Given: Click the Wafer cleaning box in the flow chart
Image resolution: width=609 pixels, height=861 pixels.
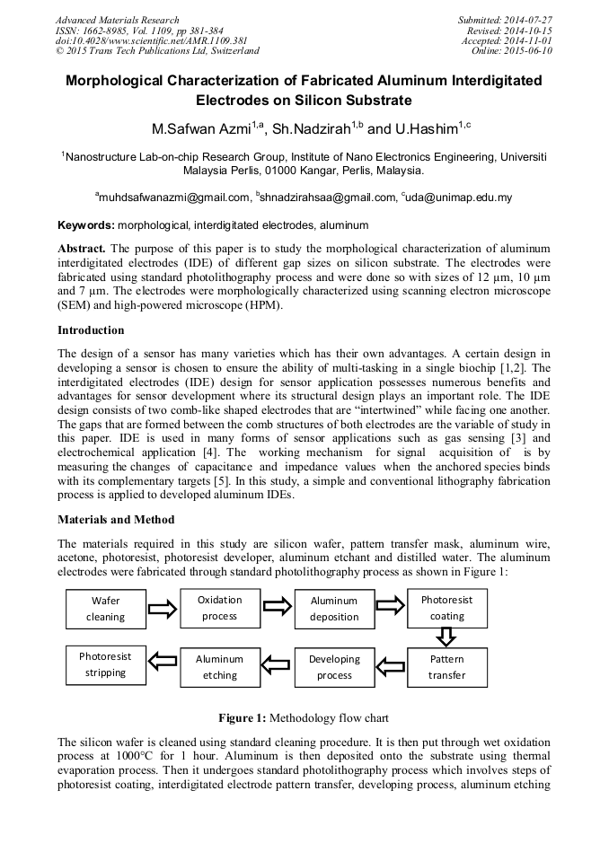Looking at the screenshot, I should click(x=106, y=609).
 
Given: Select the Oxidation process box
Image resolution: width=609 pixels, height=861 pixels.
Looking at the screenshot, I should click(x=219, y=608).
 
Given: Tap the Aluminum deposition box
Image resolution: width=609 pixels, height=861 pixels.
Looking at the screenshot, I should click(x=334, y=609).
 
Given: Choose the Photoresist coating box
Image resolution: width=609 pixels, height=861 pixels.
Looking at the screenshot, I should click(x=446, y=608).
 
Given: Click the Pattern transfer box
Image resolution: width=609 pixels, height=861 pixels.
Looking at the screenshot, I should click(x=446, y=666).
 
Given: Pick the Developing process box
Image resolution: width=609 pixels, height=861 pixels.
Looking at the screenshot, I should click(x=334, y=666).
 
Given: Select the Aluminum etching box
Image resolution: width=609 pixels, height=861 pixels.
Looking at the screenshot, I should click(x=219, y=666).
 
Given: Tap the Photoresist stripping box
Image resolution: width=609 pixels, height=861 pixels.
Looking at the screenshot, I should click(x=106, y=664).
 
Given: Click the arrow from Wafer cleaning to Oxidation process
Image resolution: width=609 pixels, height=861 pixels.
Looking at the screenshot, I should click(x=163, y=609).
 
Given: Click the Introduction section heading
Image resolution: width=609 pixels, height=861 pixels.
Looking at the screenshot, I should click(x=91, y=330).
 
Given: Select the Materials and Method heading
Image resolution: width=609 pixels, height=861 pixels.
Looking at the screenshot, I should click(x=116, y=520).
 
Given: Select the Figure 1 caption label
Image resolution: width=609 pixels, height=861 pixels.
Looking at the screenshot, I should click(x=243, y=718).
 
